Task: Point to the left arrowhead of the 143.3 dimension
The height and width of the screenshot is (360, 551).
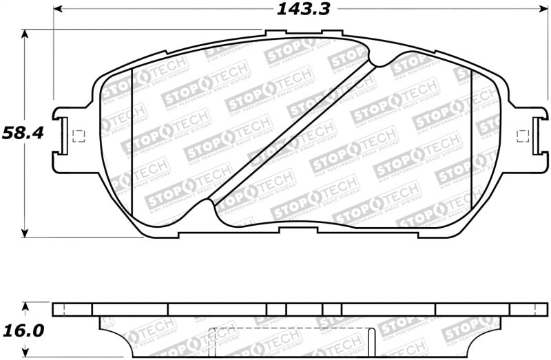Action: [58, 9]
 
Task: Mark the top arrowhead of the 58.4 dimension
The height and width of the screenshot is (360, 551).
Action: [26, 33]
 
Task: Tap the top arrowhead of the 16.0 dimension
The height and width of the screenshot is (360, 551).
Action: [26, 305]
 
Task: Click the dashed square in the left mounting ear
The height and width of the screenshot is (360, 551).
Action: [77, 136]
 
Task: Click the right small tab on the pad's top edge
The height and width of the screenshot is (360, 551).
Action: [332, 32]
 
